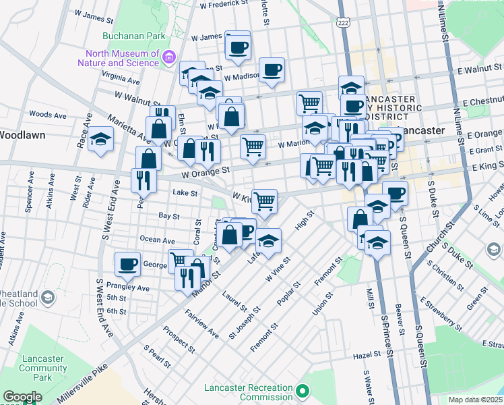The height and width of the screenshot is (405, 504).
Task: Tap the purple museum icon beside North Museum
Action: pos(168,58)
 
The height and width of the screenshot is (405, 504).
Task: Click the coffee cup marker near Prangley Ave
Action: pos(127,265)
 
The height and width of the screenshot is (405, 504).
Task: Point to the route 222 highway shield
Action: pos(344,24)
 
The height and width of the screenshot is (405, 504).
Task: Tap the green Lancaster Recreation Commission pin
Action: pos(303,391)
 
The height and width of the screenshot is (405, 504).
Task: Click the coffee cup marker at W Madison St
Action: pos(272,70)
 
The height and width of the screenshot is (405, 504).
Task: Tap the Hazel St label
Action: pos(367,355)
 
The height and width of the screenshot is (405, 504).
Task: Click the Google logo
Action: pos(22,397)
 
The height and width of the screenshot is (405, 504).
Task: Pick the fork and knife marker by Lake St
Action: pos(144,180)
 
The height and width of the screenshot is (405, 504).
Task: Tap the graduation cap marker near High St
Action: pos(268,242)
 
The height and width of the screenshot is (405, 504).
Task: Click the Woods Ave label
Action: pos(48,115)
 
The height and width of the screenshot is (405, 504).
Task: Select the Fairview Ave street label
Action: pos(203,325)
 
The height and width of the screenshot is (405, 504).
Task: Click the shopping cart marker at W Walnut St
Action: pos(309,103)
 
